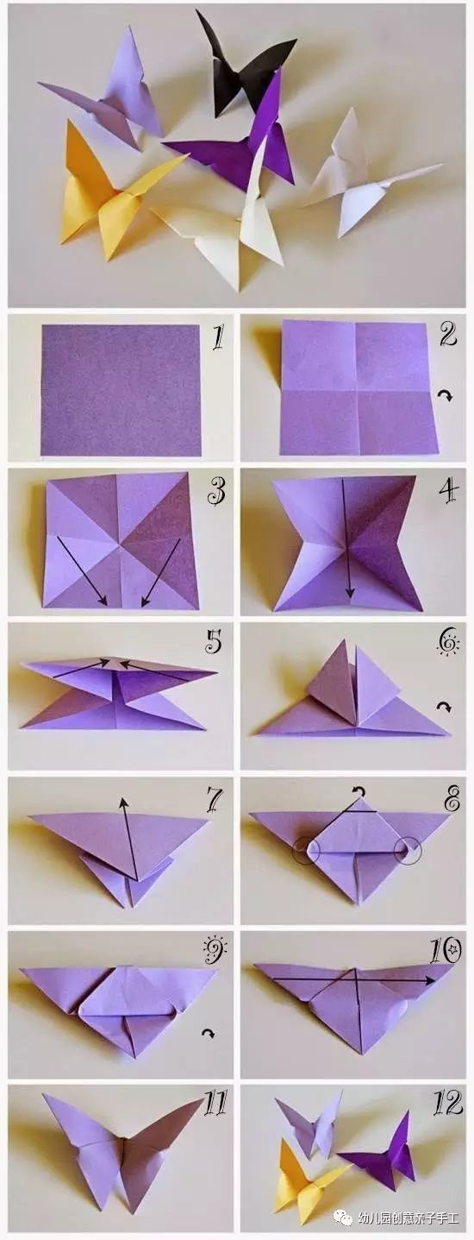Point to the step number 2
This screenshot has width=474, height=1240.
(x=448, y=334)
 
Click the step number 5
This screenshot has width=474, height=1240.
(x=213, y=641)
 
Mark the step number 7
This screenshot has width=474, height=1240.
(x=214, y=799)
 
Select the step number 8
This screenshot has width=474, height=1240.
(x=452, y=799)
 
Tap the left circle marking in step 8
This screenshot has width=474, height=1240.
(x=307, y=850)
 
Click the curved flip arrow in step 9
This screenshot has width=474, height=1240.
(x=208, y=1033)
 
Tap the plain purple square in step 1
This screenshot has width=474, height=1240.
(x=121, y=390)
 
